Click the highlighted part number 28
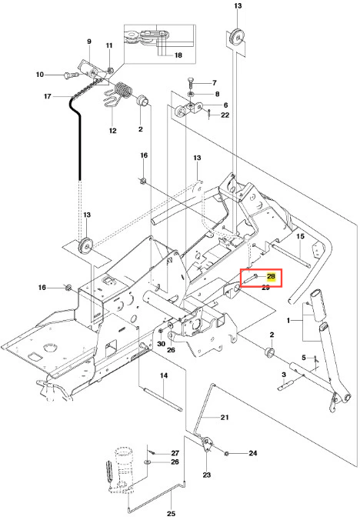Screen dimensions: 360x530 271,276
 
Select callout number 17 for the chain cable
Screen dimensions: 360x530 48,96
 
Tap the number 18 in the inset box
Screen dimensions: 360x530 178,55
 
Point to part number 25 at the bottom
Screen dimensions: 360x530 171,513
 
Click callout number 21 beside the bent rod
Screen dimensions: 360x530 225,418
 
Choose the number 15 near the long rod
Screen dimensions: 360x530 300,236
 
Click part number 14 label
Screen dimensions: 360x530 164,375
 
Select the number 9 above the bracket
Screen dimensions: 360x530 89,42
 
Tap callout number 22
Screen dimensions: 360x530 225,115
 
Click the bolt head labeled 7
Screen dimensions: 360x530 190,80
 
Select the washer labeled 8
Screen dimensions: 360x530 190,94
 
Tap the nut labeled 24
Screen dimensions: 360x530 226,453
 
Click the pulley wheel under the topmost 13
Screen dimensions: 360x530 237,37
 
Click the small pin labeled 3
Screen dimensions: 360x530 285,386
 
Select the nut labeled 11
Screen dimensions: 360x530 110,70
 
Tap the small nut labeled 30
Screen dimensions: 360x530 161,331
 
